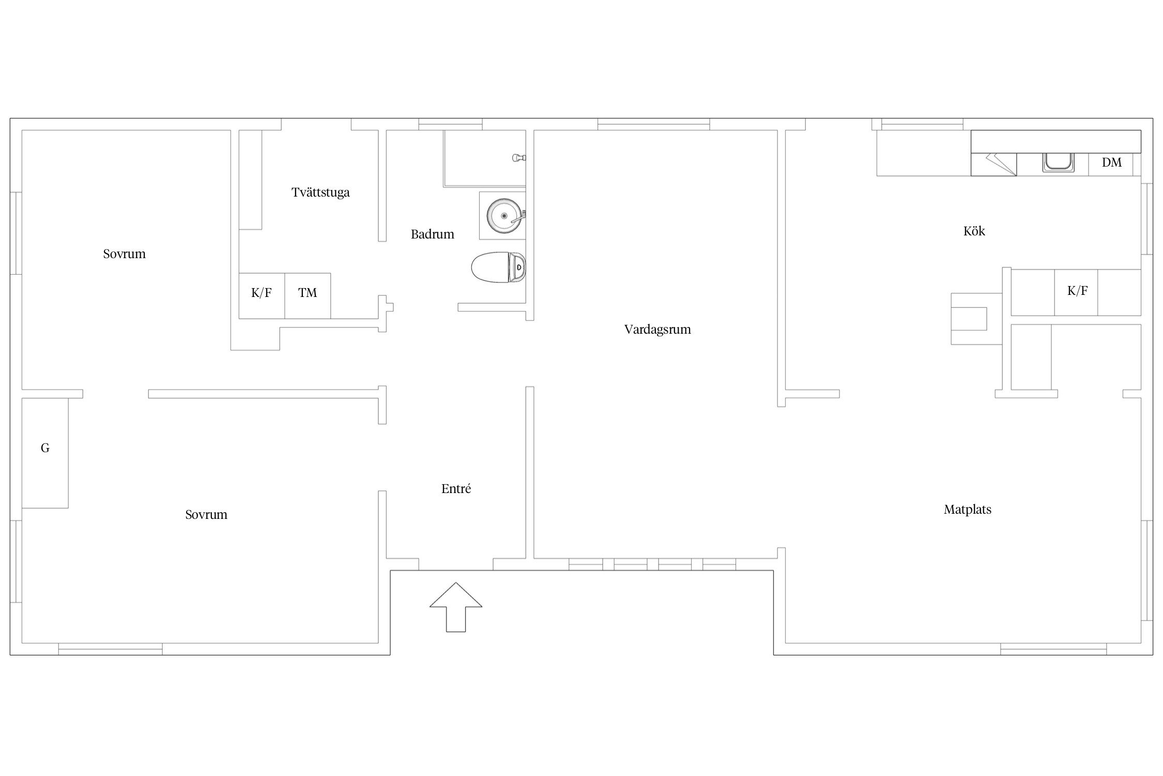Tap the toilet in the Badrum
tap(499, 267)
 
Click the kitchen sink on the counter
tap(1058, 162)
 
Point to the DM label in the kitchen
tap(1112, 162)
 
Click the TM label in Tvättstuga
tap(308, 293)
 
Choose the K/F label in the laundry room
tap(262, 293)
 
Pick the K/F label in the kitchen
tap(1078, 291)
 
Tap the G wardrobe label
tap(45, 448)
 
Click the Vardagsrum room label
tap(657, 330)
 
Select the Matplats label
tap(968, 510)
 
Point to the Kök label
tap(974, 231)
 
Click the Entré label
tap(456, 488)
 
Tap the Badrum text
tap(433, 234)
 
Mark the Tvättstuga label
tap(320, 192)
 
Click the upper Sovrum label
tap(124, 254)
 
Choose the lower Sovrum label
tap(206, 515)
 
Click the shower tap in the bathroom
tap(518, 158)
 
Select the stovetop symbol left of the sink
tap(993, 165)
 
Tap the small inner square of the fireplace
tap(969, 319)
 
